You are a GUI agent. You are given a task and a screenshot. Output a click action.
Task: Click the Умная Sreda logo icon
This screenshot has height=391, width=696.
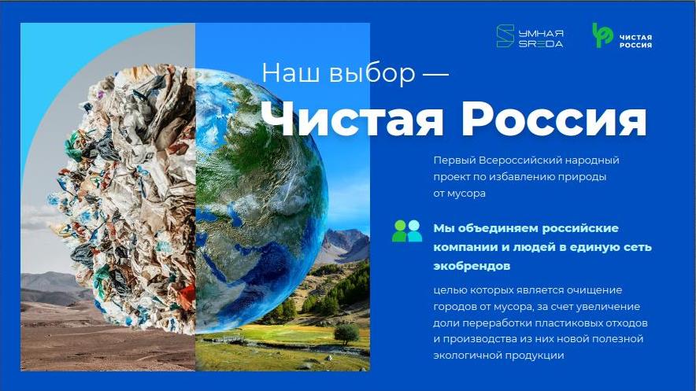(x=505, y=36)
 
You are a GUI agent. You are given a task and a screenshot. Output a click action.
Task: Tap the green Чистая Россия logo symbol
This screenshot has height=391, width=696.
(x=602, y=35)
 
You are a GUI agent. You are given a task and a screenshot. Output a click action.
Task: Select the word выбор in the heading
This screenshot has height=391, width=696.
(x=372, y=73)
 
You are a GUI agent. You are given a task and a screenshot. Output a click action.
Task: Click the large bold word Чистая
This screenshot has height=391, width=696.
(x=353, y=118)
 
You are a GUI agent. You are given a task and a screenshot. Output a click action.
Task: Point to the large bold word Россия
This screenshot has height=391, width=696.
(x=554, y=118)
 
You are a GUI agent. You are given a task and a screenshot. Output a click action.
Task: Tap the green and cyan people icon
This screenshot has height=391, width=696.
(x=406, y=231)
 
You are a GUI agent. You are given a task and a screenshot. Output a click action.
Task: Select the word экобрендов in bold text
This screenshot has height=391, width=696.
(x=465, y=266)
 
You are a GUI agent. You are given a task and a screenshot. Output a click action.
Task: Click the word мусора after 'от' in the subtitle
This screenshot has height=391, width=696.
(x=466, y=194)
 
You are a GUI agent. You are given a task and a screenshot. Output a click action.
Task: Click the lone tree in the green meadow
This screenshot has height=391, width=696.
(x=346, y=334)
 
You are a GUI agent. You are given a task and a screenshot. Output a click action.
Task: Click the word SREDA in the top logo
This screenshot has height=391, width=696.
(x=541, y=44)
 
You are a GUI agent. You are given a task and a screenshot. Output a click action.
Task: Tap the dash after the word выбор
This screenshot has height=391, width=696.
(x=435, y=74)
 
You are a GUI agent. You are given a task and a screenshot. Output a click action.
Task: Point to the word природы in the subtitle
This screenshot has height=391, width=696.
(x=586, y=177)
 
